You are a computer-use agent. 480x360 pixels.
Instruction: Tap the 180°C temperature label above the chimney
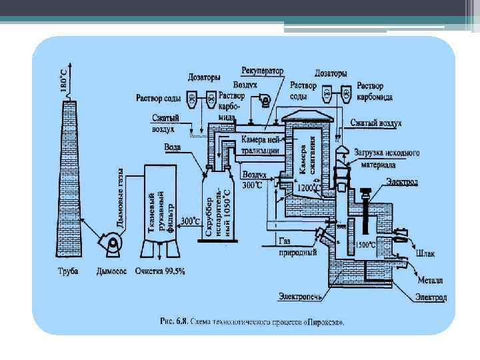pyautogui.click(x=63, y=80)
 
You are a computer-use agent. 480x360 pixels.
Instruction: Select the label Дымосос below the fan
pyautogui.click(x=111, y=271)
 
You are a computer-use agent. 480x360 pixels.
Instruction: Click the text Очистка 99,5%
pyautogui.click(x=160, y=271)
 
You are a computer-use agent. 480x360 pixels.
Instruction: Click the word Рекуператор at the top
pyautogui.click(x=262, y=70)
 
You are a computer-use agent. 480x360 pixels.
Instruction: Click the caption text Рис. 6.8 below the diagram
pyautogui.click(x=253, y=321)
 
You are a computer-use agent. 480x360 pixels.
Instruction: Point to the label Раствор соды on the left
pyautogui.click(x=158, y=99)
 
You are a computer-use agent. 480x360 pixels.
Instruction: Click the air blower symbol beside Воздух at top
pyautogui.click(x=265, y=101)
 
